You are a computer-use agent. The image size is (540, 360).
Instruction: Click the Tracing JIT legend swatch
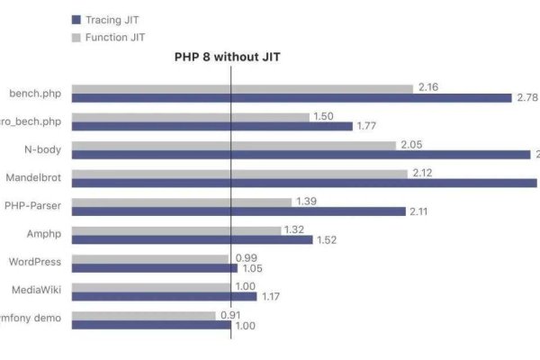(76, 19)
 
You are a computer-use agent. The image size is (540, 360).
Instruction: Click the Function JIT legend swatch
(76, 37)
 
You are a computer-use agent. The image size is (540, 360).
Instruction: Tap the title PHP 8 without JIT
(229, 56)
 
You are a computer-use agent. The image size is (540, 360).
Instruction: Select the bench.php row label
(36, 93)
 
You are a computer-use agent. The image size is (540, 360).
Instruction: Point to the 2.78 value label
(526, 97)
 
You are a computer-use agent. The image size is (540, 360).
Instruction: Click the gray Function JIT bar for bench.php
(242, 88)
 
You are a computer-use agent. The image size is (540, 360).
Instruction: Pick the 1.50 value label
(323, 116)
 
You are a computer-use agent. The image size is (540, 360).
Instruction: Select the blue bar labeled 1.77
(211, 126)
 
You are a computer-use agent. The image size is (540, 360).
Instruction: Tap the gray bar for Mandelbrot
(238, 174)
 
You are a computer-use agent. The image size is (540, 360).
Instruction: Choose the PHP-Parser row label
(33, 205)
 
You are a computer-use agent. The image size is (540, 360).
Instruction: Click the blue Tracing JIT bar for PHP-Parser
(238, 211)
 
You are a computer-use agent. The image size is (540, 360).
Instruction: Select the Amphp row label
(42, 233)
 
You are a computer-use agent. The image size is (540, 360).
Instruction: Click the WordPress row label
(35, 262)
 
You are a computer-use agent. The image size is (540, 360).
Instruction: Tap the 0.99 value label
(244, 257)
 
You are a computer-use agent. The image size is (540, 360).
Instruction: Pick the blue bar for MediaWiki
(164, 296)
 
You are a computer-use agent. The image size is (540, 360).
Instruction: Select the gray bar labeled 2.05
(233, 145)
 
